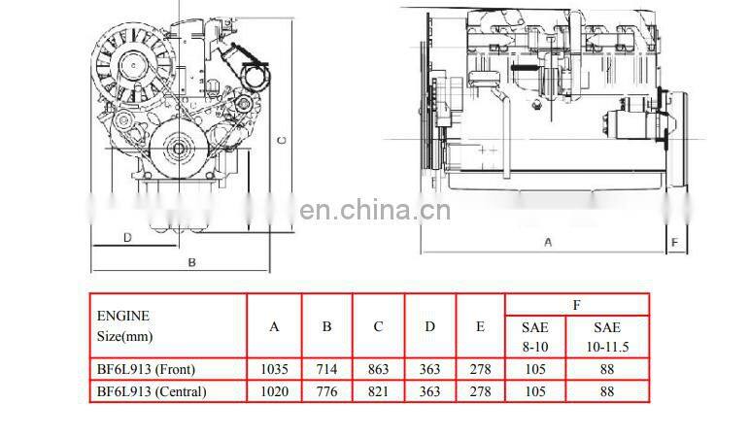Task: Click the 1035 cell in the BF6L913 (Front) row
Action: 274,370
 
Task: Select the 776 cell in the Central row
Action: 326,392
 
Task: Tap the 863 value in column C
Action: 378,370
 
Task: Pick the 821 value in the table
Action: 378,392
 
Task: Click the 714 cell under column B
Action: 326,370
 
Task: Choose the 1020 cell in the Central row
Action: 274,392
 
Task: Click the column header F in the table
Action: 576,305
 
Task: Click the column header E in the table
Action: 480,326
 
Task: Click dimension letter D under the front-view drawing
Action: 126,237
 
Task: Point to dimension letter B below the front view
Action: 192,262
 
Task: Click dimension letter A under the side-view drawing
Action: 548,242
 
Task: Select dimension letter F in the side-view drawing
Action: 672,241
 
